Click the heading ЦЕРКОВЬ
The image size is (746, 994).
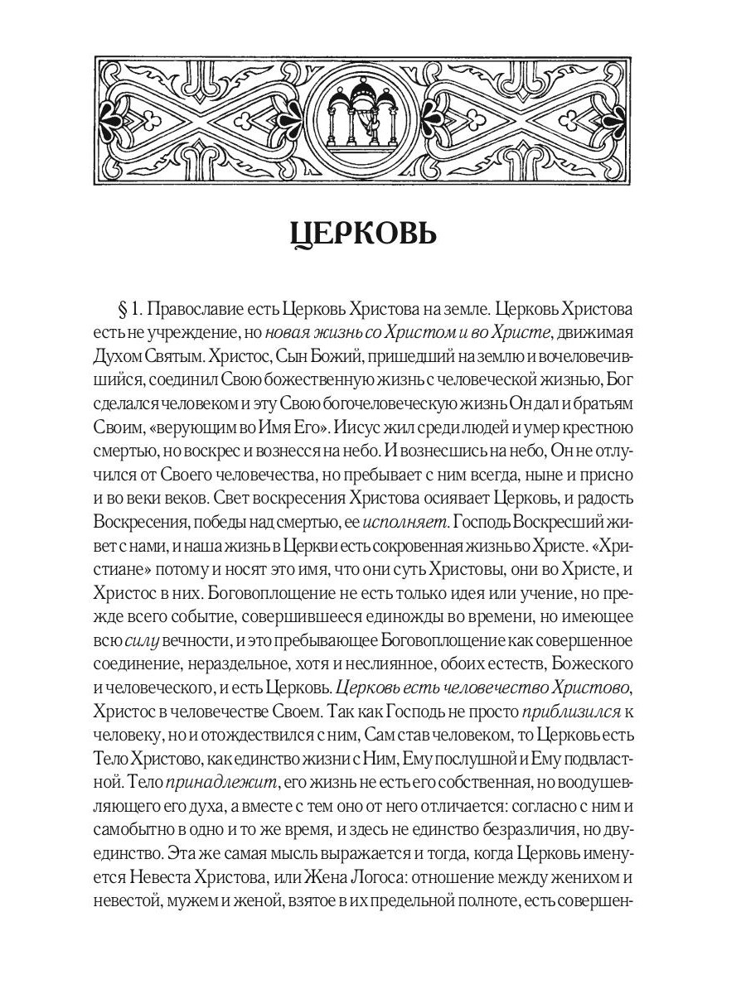[364, 234]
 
